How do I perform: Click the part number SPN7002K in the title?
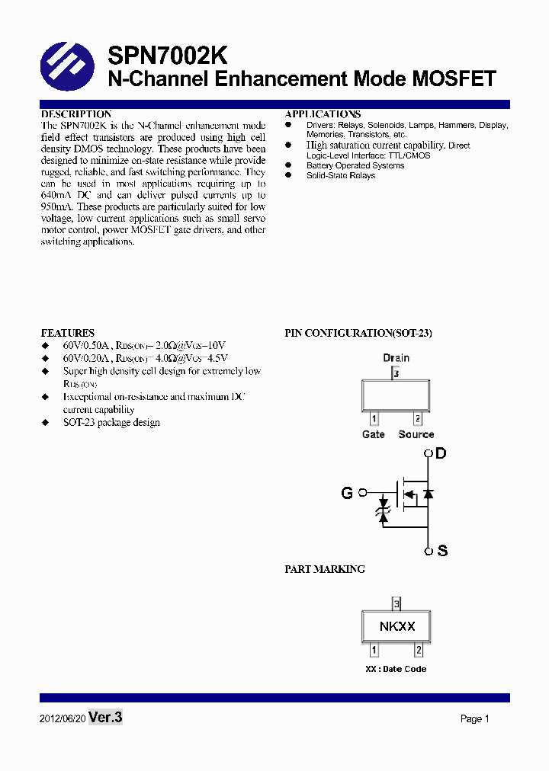167,56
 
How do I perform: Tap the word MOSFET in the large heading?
454,78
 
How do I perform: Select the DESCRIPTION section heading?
76,114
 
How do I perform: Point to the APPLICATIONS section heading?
323,114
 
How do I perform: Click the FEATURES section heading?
68,333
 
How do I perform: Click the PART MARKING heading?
325,569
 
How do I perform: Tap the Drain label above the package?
396,357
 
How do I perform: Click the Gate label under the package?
374,434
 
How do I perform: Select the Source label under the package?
416,434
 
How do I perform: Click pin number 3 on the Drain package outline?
395,373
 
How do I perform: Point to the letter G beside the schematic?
347,493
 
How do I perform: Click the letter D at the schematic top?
441,454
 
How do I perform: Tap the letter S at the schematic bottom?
441,551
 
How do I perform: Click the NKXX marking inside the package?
396,626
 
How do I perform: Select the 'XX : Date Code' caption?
396,669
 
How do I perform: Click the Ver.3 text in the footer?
105,717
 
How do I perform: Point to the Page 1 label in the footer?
475,718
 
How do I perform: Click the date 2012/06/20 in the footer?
62,719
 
